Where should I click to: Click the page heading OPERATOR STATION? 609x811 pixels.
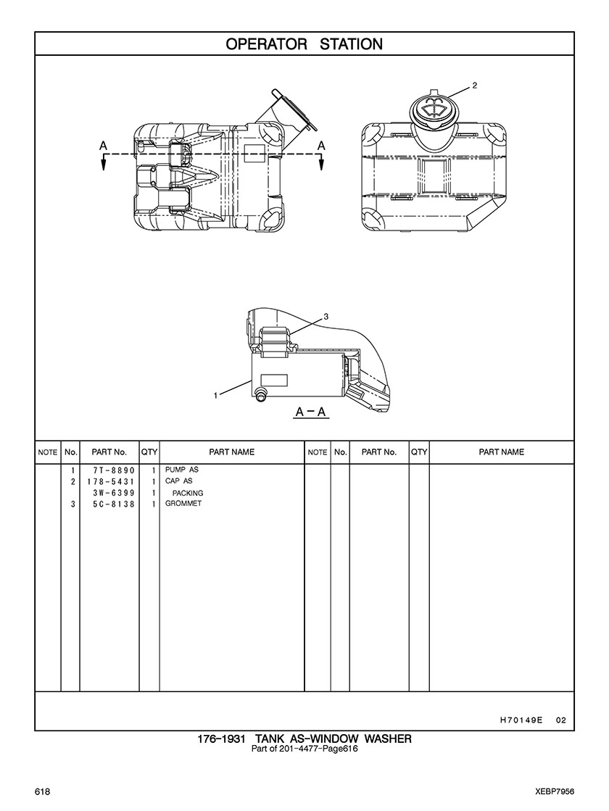pyautogui.click(x=304, y=44)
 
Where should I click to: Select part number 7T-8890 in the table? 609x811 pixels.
pyautogui.click(x=114, y=470)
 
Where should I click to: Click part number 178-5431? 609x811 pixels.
pyautogui.click(x=111, y=481)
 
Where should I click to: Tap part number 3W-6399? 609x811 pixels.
pyautogui.click(x=114, y=493)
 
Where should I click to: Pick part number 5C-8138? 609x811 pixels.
pyautogui.click(x=114, y=504)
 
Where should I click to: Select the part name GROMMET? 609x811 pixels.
pyautogui.click(x=183, y=503)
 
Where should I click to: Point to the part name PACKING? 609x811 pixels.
pyautogui.click(x=188, y=493)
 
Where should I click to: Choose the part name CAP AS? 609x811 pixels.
pyautogui.click(x=178, y=481)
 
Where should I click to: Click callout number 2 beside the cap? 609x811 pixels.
pyautogui.click(x=474, y=86)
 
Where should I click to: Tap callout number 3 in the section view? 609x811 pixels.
pyautogui.click(x=326, y=316)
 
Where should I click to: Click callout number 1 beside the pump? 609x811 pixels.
pyautogui.click(x=216, y=396)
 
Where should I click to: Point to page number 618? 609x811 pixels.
pyautogui.click(x=43, y=792)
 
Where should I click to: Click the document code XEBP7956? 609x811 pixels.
pyautogui.click(x=555, y=792)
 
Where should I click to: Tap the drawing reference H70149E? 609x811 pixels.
pyautogui.click(x=521, y=720)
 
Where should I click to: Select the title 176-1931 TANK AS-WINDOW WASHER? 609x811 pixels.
pyautogui.click(x=304, y=739)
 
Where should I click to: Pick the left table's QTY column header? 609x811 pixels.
pyautogui.click(x=149, y=452)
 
